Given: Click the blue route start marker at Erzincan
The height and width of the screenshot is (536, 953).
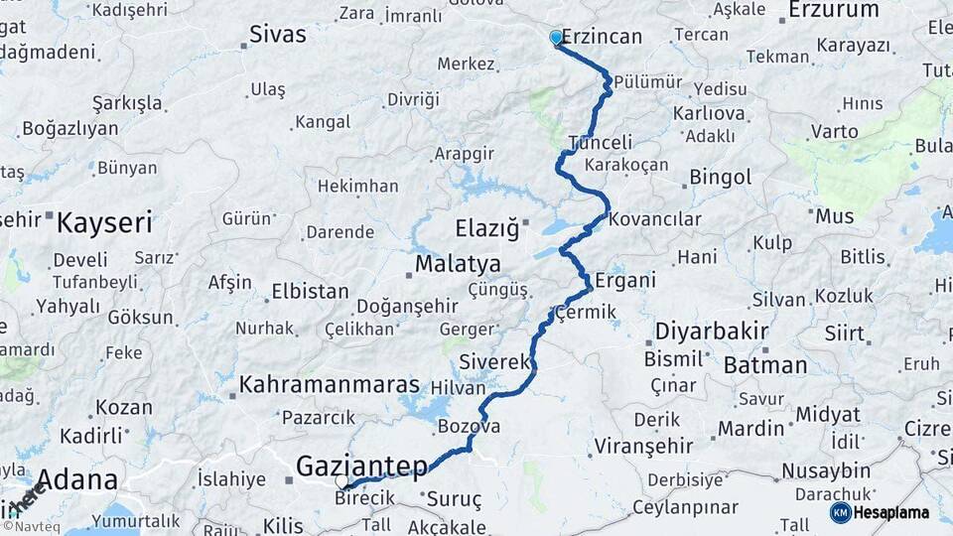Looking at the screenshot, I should [556, 38].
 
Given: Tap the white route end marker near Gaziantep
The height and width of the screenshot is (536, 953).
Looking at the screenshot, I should [342, 482].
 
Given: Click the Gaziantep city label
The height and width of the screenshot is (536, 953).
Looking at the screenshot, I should [361, 465].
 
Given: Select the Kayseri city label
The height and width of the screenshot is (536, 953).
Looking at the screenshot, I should [104, 222].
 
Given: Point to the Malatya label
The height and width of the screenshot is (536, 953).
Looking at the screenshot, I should [458, 265].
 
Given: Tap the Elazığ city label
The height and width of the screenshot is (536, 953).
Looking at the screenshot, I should [486, 229].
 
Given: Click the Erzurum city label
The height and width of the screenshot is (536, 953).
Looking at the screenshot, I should [833, 11].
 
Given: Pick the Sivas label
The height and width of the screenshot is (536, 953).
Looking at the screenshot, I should [277, 35].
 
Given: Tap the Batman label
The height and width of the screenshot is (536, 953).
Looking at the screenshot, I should [764, 365].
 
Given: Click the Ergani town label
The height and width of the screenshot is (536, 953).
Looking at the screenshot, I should [625, 281].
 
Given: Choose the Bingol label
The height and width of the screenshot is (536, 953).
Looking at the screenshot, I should [720, 179].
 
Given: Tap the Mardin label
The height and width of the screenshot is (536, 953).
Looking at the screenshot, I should [750, 429].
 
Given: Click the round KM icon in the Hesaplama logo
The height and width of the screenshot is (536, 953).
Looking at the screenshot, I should [841, 512].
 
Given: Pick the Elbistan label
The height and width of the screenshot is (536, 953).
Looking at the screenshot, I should [309, 293].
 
